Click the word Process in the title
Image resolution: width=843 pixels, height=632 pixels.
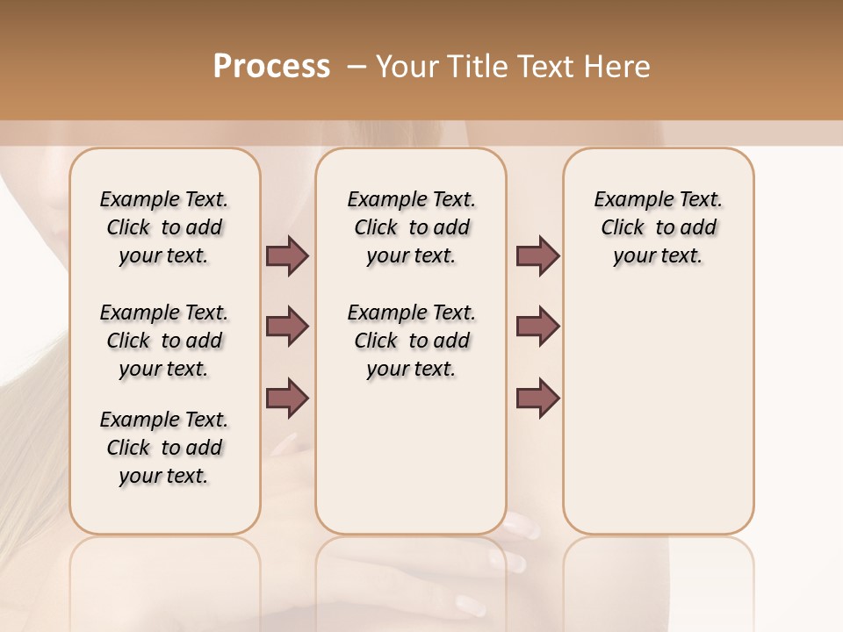click(271, 67)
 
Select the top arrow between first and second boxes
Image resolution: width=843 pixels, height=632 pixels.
click(287, 256)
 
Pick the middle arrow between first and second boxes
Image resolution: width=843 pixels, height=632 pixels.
click(287, 327)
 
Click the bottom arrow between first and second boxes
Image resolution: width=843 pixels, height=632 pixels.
click(287, 398)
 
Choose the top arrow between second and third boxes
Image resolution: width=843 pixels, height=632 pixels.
click(537, 256)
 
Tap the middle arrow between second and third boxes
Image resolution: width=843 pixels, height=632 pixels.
click(537, 327)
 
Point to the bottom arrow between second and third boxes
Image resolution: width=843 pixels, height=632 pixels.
click(537, 398)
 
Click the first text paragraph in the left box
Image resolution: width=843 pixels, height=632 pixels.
click(164, 227)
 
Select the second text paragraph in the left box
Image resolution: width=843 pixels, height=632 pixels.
click(164, 341)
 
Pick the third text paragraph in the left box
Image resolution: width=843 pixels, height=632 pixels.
click(164, 448)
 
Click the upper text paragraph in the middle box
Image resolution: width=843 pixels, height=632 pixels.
click(411, 227)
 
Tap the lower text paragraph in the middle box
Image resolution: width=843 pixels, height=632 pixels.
click(411, 341)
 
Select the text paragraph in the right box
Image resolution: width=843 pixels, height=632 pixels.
click(658, 227)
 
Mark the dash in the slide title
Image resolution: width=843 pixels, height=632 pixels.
click(356, 67)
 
